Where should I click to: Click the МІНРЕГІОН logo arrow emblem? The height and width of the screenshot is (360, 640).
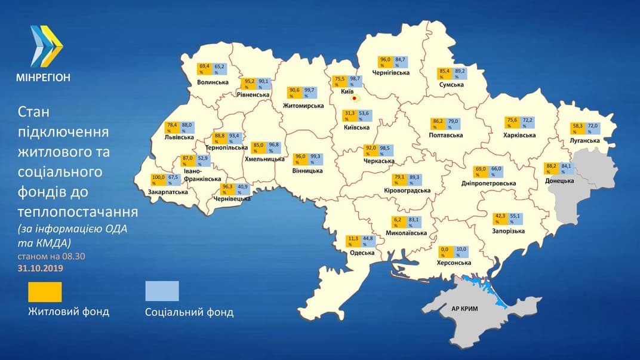47,46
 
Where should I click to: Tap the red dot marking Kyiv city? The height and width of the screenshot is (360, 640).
355,98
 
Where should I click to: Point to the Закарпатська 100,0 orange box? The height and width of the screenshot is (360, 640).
158,180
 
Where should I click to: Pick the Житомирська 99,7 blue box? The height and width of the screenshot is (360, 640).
309,93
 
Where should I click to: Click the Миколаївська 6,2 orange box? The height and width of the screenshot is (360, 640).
398,222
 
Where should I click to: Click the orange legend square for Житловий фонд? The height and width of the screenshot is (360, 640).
45,292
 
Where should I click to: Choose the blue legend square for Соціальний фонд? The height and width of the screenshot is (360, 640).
162,291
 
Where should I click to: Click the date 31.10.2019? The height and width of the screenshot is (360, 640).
40,268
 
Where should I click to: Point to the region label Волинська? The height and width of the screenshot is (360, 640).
213,82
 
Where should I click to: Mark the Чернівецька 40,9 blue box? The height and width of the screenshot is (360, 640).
244,189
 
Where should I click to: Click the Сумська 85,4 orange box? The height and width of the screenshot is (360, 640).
444,73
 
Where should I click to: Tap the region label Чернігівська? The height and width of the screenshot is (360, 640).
391,73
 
